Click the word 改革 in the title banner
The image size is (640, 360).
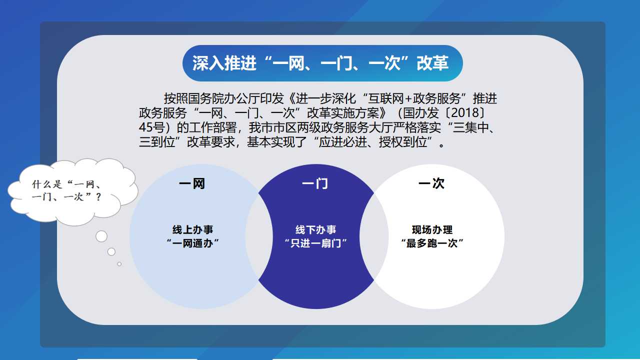pos(432,63)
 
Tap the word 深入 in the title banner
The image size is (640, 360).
pos(208,63)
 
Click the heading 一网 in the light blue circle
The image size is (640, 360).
pos(192,183)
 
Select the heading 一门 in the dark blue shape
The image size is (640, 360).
pos(315,183)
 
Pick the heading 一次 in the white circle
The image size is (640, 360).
pos(431,183)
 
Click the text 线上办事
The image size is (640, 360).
pos(192,229)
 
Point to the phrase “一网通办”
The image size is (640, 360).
pos(192,243)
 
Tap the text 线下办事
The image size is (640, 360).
pos(315,229)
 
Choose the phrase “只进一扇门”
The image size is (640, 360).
pos(315,243)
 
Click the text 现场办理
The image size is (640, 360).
pos(432,229)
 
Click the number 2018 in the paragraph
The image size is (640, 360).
pos(465,113)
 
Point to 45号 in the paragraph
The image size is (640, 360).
pos(151,127)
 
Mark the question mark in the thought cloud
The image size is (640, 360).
pos(99,197)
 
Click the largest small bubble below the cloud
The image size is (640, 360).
pos(101,236)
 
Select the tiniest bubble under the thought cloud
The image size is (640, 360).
pos(119,264)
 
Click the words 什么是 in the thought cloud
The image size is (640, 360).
pos(47,184)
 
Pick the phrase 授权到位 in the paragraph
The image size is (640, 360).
pos(403,142)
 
